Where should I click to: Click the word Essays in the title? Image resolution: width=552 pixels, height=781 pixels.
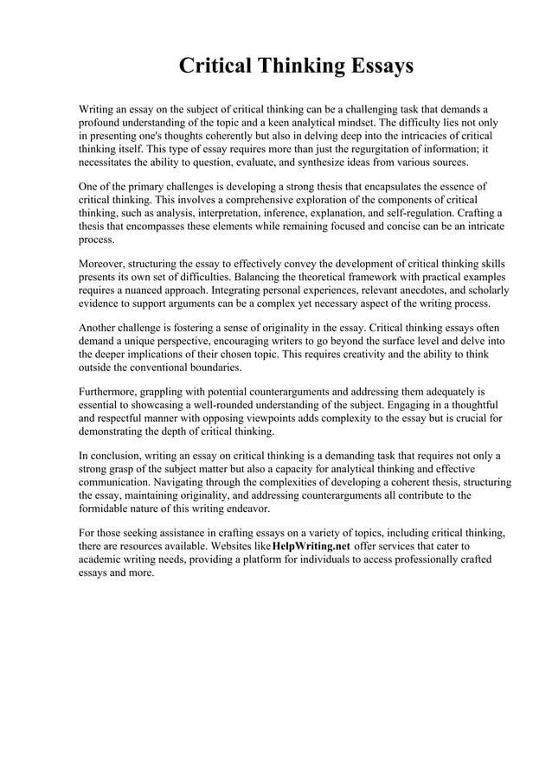[x=368, y=67]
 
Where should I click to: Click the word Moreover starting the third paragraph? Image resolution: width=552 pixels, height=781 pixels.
[x=106, y=264]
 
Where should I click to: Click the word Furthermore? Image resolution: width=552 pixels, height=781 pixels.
[x=112, y=392]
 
